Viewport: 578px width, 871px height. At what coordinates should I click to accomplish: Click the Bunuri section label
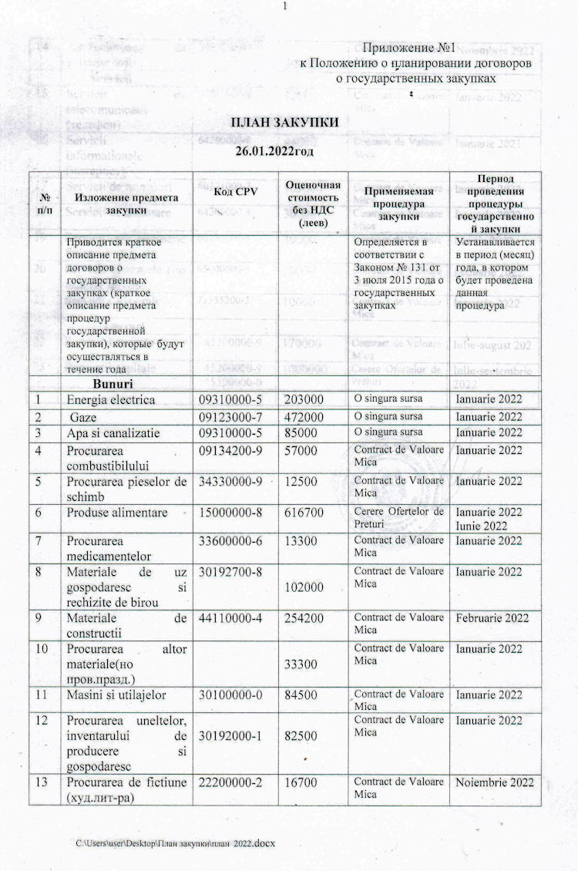click(113, 383)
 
